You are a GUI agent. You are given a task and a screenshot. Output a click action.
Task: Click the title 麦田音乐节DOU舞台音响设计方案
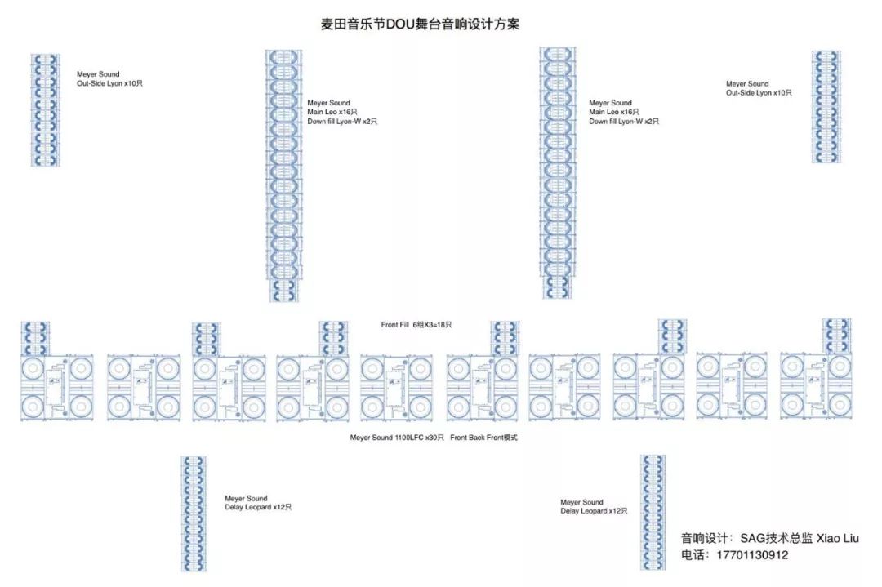click(x=420, y=24)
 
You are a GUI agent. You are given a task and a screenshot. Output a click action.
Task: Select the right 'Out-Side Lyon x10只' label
click(x=759, y=93)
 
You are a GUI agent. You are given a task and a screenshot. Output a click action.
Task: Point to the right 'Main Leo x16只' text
click(x=614, y=112)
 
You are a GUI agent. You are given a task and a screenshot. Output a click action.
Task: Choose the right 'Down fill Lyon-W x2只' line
click(x=624, y=122)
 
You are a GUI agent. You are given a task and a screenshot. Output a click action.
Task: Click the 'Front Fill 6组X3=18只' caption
click(x=416, y=325)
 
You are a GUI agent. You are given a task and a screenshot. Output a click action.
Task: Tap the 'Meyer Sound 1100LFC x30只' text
click(x=397, y=438)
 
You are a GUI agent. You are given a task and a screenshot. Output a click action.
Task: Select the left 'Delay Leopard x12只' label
click(x=258, y=508)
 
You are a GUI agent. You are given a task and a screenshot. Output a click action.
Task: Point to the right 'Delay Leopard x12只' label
click(x=594, y=511)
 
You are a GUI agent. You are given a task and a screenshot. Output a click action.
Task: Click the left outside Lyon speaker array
click(x=46, y=110)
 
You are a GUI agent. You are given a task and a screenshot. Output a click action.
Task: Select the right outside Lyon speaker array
click(x=826, y=107)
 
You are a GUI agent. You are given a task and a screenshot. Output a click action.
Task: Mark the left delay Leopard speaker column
click(x=194, y=514)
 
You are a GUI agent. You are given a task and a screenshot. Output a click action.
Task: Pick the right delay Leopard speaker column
click(x=653, y=512)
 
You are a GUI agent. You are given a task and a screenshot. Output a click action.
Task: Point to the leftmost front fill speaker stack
click(x=35, y=338)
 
